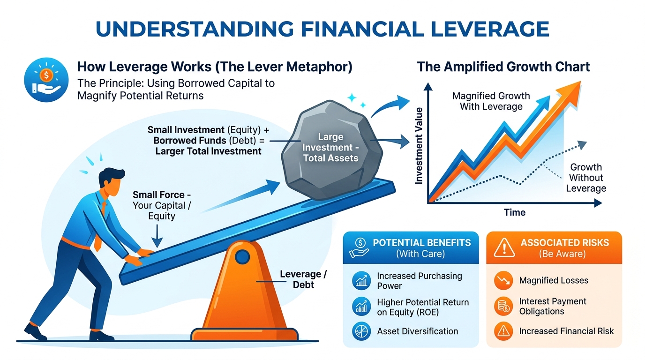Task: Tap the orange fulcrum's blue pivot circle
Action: (242, 256)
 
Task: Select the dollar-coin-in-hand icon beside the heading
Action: (46, 79)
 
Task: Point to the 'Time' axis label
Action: (515, 212)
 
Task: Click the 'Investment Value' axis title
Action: (419, 145)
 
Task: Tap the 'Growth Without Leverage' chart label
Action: (586, 178)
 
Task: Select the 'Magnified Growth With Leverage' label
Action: (491, 101)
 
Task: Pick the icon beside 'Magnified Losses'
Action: (503, 281)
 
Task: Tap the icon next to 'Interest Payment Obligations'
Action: (503, 306)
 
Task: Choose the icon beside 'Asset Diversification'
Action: (361, 331)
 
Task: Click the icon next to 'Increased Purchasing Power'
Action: (361, 281)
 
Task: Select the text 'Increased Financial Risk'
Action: (566, 331)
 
